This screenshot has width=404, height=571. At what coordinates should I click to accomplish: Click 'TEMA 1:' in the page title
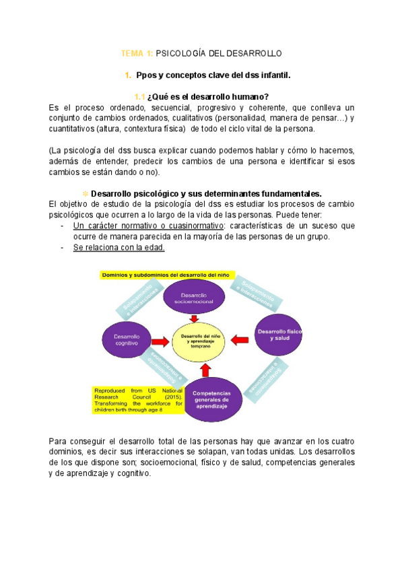pyautogui.click(x=137, y=53)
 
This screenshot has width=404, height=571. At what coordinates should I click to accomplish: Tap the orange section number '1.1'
pyautogui.click(x=139, y=96)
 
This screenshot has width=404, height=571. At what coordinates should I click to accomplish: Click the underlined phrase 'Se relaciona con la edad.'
pyautogui.click(x=119, y=248)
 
